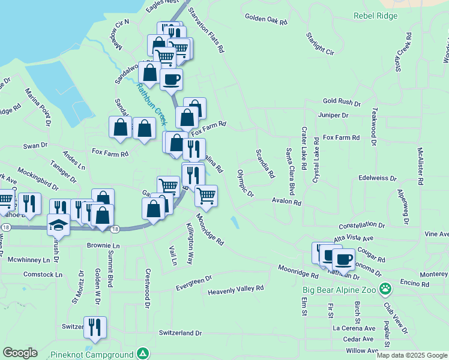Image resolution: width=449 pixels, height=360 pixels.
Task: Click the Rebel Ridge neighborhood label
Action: [x=375, y=16]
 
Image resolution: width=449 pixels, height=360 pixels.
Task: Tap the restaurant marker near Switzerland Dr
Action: [x=95, y=327]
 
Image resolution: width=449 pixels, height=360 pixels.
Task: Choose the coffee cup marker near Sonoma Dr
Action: [x=343, y=259]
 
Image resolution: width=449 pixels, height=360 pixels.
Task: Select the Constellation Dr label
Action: [x=361, y=224]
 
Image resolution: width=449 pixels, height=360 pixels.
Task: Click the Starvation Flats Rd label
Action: [x=206, y=31]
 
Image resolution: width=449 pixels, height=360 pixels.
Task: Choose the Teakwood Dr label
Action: [x=374, y=127]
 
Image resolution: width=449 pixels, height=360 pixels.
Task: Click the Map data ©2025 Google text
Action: [x=412, y=355]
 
